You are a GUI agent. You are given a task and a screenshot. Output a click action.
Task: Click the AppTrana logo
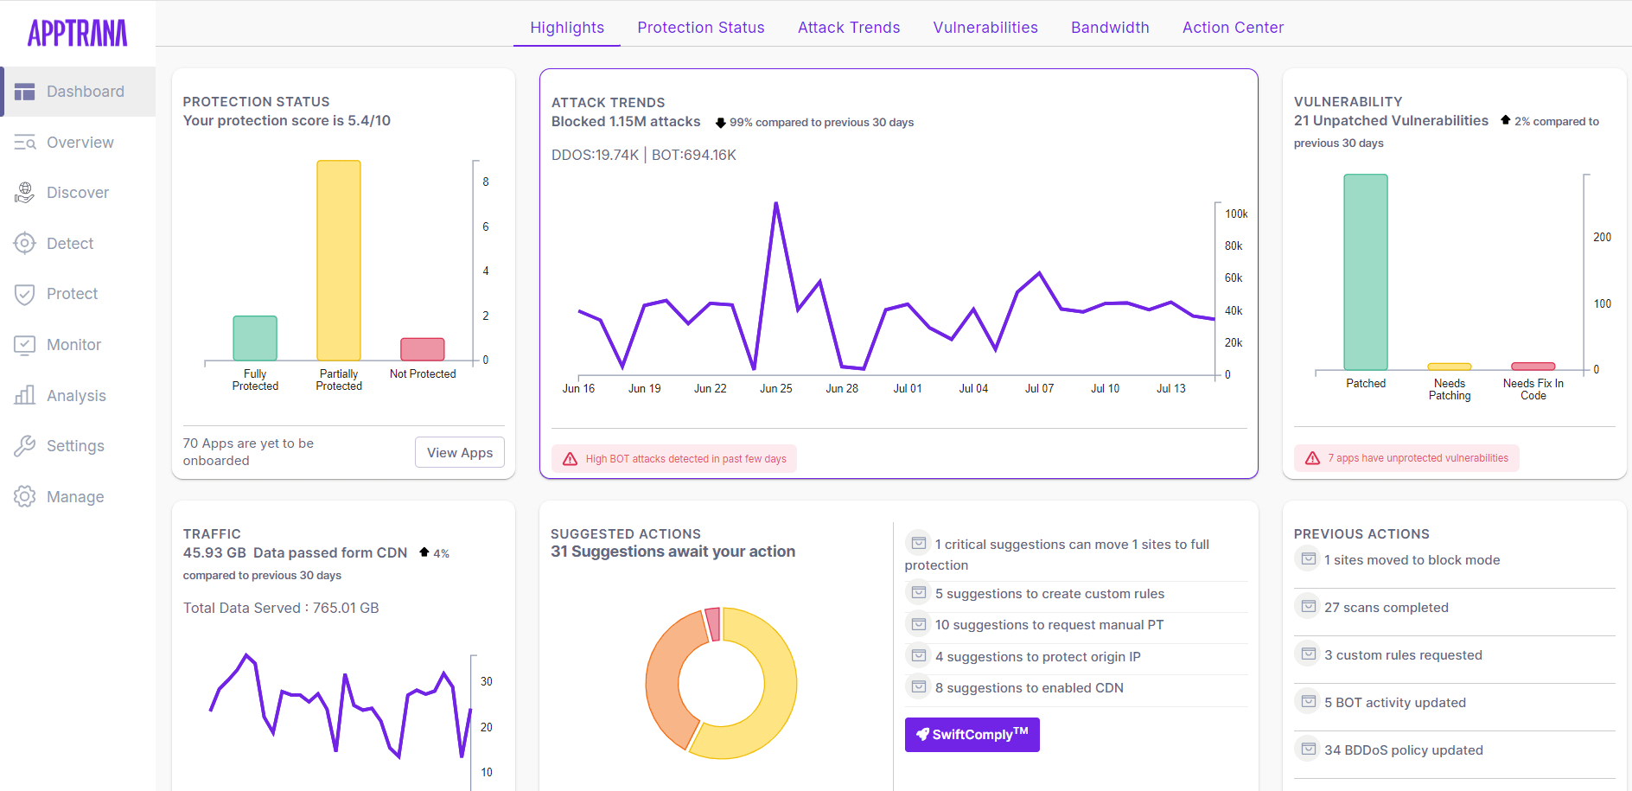click(77, 33)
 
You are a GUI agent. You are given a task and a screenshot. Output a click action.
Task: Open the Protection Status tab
click(700, 28)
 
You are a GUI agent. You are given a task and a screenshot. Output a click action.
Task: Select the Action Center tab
click(1233, 28)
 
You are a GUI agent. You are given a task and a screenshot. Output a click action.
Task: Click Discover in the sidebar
click(78, 193)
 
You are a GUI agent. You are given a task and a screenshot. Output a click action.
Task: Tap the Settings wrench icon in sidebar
click(25, 446)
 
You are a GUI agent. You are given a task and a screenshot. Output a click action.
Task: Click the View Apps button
click(459, 452)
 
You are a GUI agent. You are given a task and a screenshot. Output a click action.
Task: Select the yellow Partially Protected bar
click(338, 259)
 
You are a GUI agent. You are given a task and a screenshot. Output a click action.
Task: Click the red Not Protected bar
click(422, 349)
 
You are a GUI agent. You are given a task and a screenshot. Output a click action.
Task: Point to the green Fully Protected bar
click(255, 338)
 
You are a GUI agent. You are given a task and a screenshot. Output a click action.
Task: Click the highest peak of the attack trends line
click(775, 204)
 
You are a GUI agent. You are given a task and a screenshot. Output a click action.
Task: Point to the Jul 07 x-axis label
click(1039, 389)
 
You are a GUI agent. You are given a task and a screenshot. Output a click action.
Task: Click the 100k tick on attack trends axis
click(1235, 214)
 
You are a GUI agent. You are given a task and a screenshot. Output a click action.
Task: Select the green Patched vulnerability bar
click(1365, 272)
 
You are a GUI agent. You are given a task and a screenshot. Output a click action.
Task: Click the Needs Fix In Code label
click(1533, 389)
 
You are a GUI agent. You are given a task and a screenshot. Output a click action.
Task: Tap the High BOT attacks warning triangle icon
click(571, 459)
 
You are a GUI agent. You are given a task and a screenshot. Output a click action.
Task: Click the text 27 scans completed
click(1386, 608)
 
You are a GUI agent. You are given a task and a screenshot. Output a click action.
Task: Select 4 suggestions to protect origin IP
click(1037, 657)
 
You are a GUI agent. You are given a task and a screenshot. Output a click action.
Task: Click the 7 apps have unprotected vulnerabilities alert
click(1417, 458)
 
